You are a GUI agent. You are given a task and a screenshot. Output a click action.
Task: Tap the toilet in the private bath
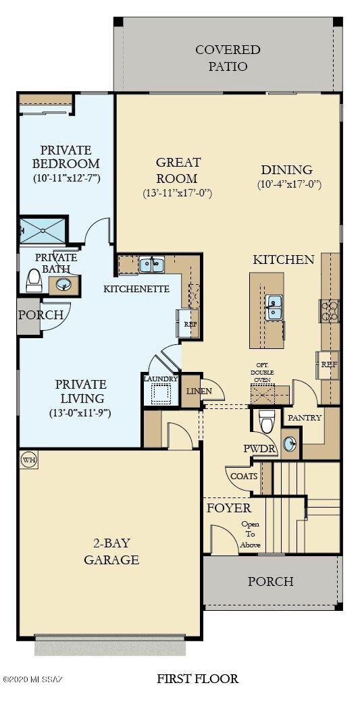pyautogui.click(x=34, y=280)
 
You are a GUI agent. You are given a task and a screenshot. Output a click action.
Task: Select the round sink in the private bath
pyautogui.click(x=65, y=284)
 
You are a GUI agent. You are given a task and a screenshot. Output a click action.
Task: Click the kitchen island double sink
pyautogui.click(x=274, y=307)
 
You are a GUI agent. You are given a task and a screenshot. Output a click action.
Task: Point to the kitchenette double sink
pyautogui.click(x=151, y=265)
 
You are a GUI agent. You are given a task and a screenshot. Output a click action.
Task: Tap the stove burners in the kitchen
pyautogui.click(x=329, y=310)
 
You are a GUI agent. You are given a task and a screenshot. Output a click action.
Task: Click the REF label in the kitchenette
pyautogui.click(x=190, y=324)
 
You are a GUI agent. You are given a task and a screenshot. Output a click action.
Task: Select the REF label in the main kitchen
pyautogui.click(x=329, y=364)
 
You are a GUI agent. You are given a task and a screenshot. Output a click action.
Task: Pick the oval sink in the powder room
pyautogui.click(x=290, y=443)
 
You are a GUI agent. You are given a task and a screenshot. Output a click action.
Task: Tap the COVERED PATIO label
pyautogui.click(x=228, y=58)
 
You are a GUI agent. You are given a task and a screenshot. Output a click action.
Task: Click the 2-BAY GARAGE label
pyautogui.click(x=111, y=551)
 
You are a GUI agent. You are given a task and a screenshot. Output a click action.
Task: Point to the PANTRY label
pyautogui.click(x=305, y=418)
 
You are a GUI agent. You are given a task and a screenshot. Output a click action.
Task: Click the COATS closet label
pyautogui.click(x=244, y=476)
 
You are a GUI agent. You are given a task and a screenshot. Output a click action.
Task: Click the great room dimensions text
pyautogui.click(x=178, y=193)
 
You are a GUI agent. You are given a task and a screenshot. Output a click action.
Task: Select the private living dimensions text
pyautogui.click(x=80, y=412)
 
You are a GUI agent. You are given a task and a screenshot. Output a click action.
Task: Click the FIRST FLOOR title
pyautogui.click(x=198, y=678)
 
